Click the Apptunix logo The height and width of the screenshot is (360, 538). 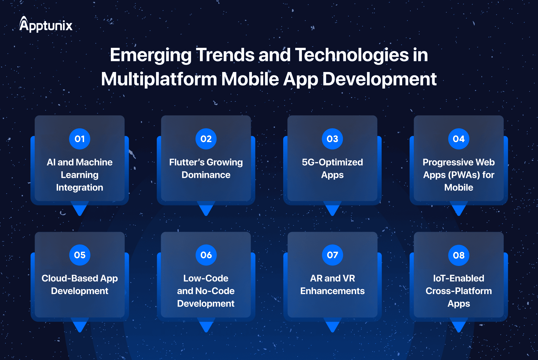point(46,24)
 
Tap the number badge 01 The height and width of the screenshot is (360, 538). point(80,139)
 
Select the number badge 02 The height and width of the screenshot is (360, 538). point(206,139)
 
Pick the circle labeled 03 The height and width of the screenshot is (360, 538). point(332,139)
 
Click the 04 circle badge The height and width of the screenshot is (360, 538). point(459,139)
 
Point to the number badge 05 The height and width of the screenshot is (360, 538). point(80,255)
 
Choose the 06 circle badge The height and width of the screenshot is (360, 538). point(206,255)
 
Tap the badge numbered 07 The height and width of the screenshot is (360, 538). point(332,255)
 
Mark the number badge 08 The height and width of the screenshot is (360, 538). point(459,255)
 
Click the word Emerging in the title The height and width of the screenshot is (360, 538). point(151,55)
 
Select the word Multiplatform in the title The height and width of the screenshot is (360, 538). point(159,79)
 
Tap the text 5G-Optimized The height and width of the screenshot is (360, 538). point(332,162)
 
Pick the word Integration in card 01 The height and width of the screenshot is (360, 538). point(80,188)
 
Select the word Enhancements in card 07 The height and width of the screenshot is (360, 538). point(332,291)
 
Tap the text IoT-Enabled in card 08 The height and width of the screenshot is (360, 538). point(459,278)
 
